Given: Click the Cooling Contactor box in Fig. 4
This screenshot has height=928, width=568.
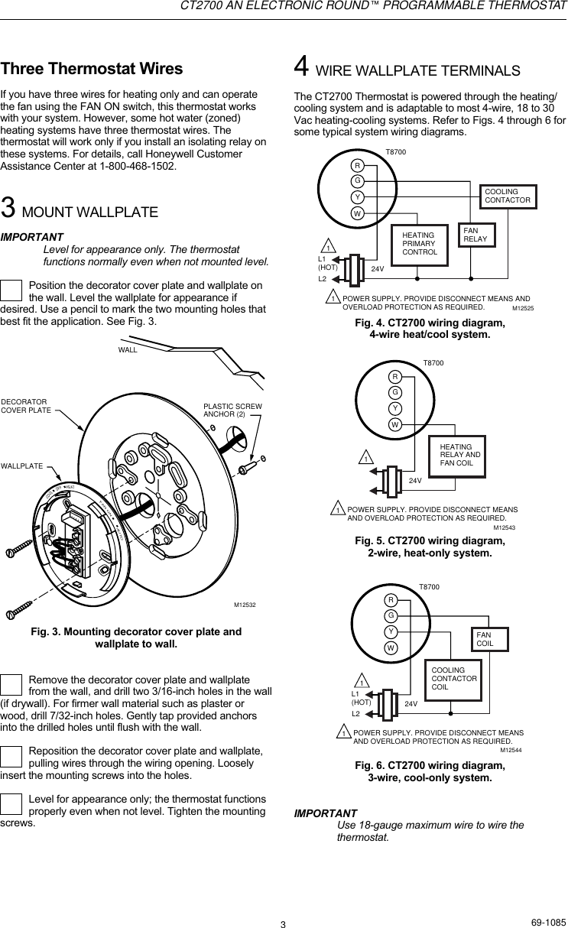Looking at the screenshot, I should pos(508,196).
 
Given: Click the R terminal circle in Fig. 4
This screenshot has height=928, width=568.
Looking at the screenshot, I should pos(356,167).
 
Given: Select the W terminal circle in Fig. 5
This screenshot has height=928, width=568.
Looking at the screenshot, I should pos(395,424).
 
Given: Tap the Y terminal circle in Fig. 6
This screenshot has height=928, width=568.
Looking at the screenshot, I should pos(390,631).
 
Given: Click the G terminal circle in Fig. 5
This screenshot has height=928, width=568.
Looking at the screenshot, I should pos(395,392).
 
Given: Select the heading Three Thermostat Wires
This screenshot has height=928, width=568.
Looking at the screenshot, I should pos(92,69).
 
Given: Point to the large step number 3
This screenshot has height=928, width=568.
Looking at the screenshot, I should pos(8,208).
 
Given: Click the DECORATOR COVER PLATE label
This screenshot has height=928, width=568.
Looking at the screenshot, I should pos(26,405).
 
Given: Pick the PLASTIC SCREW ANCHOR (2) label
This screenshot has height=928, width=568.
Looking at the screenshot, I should pos(232,410).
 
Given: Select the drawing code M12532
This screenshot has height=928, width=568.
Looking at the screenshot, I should pos(244,605).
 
